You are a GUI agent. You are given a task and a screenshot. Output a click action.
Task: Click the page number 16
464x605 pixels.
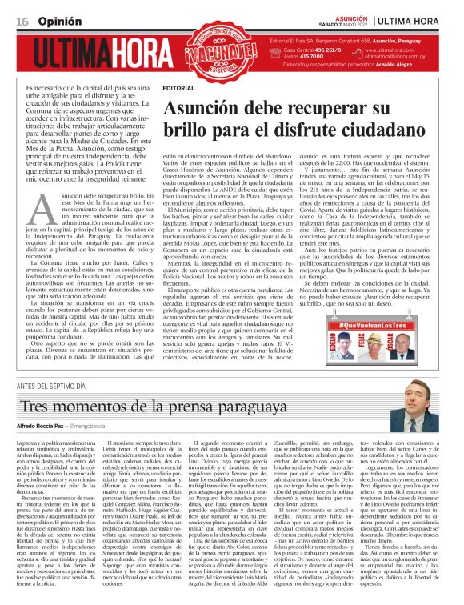pos(22,20)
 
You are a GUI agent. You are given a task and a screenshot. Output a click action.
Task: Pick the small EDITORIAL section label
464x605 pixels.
pos(177,86)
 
